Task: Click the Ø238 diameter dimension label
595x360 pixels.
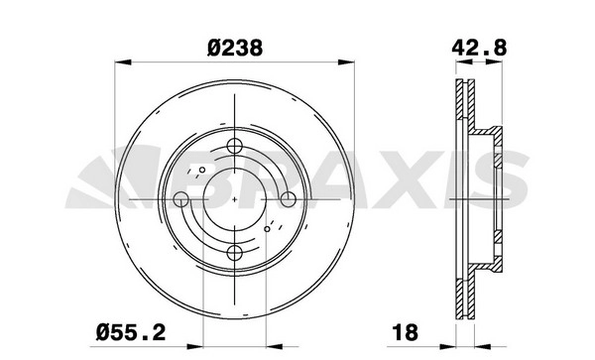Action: pos(235,49)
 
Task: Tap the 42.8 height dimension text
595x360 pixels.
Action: pos(479,49)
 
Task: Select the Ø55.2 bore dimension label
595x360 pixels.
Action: pos(131,332)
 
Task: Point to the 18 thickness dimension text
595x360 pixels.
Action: pos(406,332)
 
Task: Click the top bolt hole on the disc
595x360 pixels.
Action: pos(234,146)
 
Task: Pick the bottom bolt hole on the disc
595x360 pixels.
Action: pos(234,253)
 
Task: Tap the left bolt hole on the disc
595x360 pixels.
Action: pos(181,199)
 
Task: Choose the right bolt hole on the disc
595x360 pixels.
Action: pos(288,199)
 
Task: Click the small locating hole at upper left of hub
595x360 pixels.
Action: pos(202,170)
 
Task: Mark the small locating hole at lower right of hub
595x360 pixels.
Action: pos(267,229)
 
